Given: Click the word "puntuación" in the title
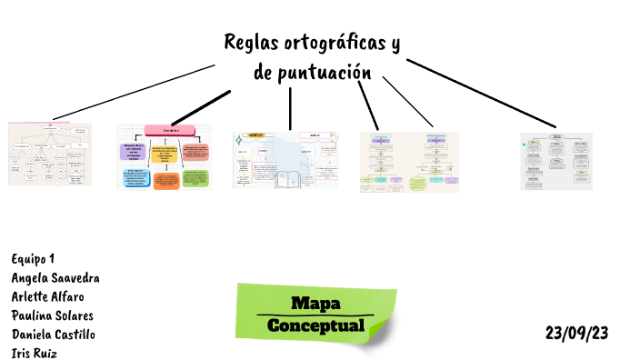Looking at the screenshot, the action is (325, 73).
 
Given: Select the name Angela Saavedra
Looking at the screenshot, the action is (55, 277).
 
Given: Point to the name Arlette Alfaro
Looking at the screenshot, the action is (49, 296).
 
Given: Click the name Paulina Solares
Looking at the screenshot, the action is (52, 315).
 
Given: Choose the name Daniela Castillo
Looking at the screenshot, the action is (53, 335).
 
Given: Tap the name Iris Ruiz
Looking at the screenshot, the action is (34, 353).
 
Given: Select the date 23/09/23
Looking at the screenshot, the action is (576, 333).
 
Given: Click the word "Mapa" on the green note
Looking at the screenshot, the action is (315, 304).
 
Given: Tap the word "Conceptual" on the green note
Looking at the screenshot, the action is (315, 325).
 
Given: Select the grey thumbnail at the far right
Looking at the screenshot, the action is (555, 160).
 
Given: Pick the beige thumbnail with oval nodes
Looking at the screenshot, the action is (50, 154).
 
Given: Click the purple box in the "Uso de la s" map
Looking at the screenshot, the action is (131, 150).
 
